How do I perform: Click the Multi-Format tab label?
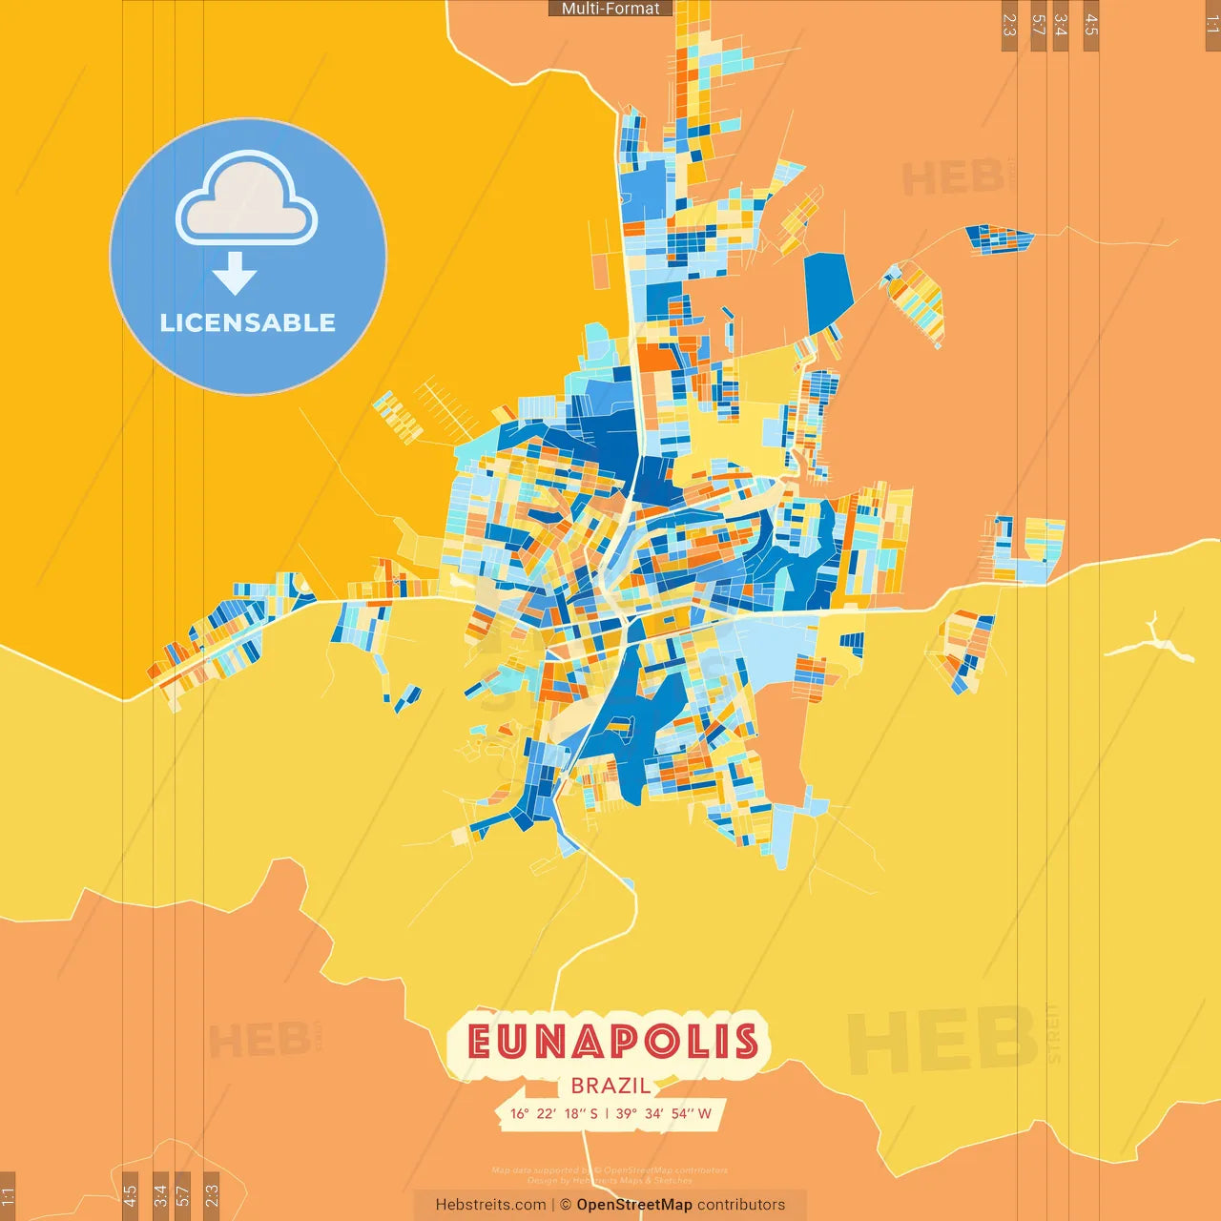pos(610,9)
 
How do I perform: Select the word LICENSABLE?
pos(247,322)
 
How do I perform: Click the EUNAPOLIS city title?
pos(612,1042)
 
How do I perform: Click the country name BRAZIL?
pos(610,1086)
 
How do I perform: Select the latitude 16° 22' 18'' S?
pos(554,1113)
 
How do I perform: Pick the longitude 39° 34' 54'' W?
pos(664,1113)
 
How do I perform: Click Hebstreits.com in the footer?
pos(490,1205)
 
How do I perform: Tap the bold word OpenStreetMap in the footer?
pos(633,1205)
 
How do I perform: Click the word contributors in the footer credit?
pos(741,1205)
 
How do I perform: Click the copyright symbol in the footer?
pos(566,1205)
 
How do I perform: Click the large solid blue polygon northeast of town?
pos(827,290)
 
